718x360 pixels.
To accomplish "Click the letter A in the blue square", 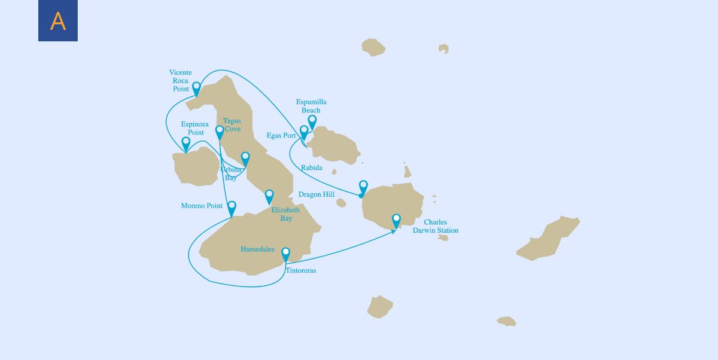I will (58, 22).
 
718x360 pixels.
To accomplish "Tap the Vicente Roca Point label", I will (180, 81).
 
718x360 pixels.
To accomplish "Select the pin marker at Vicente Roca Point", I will (196, 87).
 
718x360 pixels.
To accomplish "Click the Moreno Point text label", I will (202, 206).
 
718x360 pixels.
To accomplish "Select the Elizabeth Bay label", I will (286, 214).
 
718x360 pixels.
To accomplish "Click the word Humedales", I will (257, 249).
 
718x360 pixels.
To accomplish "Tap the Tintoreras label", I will (301, 271).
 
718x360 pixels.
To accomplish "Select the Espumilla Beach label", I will (311, 106).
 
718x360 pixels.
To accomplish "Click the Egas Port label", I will (281, 136).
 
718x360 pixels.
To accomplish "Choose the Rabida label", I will (312, 168).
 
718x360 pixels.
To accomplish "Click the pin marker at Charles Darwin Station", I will (396, 219).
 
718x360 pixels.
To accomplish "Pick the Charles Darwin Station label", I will (436, 226).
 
